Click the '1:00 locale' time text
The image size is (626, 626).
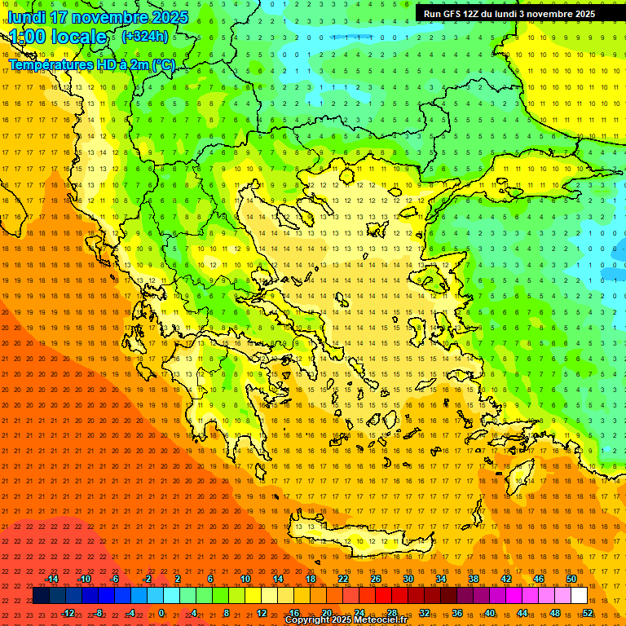[x=58, y=37]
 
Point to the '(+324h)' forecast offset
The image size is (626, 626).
[x=145, y=36]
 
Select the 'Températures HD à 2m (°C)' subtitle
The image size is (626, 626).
[x=91, y=64]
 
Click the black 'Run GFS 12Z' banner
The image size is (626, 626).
[x=509, y=13]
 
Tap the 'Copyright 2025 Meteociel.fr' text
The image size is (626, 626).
[x=346, y=620]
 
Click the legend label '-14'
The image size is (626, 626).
[x=51, y=579]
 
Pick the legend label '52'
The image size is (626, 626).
[x=588, y=612]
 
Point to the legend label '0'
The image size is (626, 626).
[x=161, y=612]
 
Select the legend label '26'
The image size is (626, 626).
[x=376, y=579]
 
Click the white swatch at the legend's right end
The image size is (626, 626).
[x=579, y=596]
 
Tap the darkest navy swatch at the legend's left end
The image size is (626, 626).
[x=41, y=596]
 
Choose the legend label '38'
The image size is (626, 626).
[x=474, y=579]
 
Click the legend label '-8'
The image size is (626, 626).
[x=99, y=612]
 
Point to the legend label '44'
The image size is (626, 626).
[x=522, y=612]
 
